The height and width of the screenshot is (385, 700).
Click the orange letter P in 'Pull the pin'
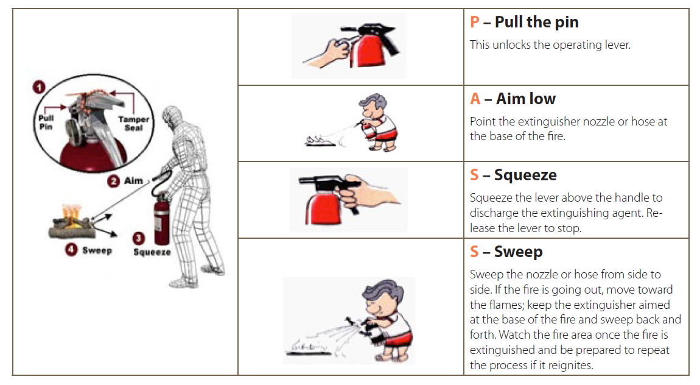(475, 23)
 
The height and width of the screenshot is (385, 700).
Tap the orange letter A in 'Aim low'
(475, 99)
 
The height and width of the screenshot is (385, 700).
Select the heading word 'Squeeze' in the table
(525, 175)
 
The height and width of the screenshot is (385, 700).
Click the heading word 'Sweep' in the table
(518, 252)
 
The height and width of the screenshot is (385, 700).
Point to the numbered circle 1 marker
(40, 88)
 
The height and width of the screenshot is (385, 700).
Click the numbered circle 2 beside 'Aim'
(113, 181)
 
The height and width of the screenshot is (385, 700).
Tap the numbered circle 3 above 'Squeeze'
(139, 239)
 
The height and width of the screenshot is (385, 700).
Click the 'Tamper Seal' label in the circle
(133, 124)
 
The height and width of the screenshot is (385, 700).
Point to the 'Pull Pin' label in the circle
(46, 122)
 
